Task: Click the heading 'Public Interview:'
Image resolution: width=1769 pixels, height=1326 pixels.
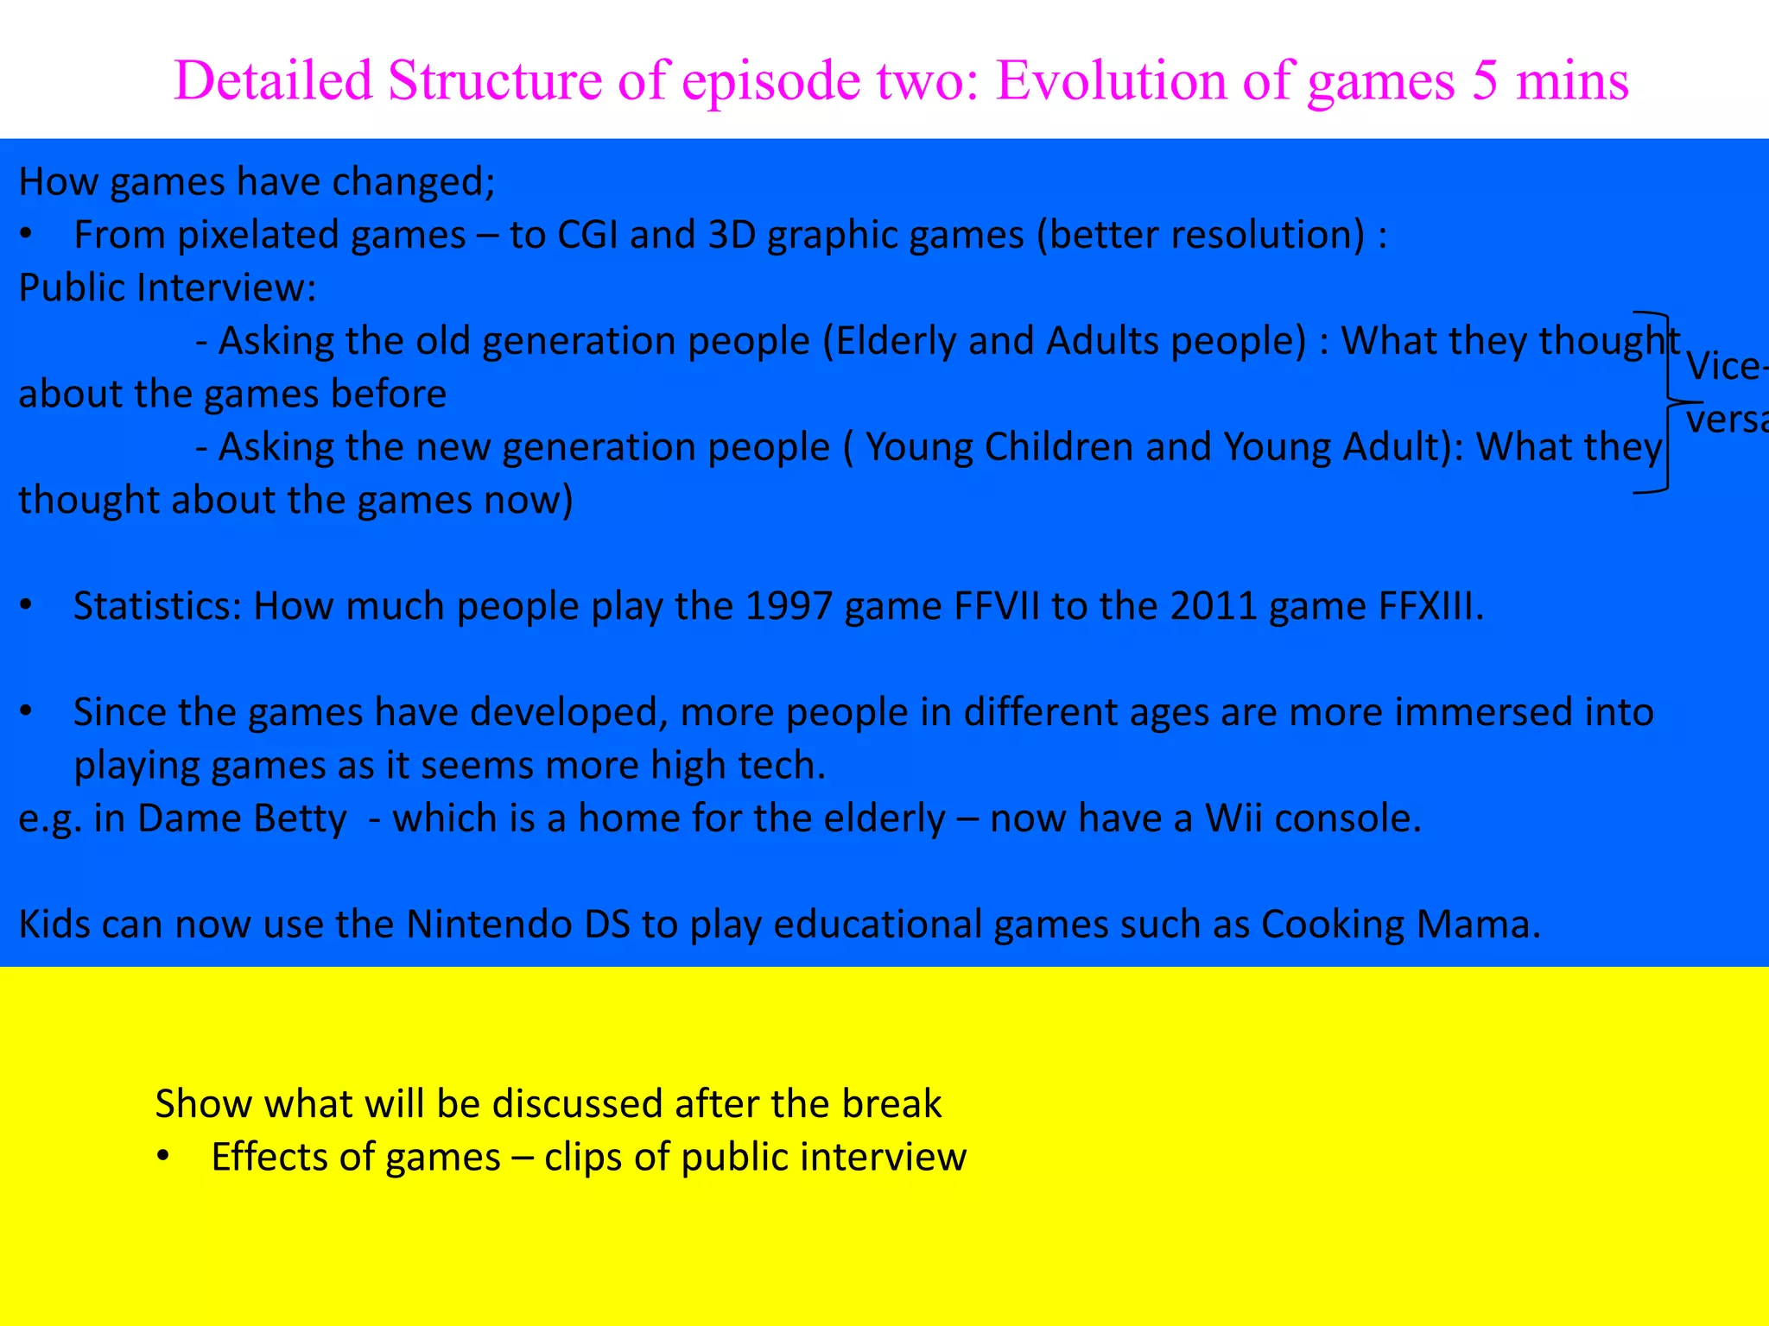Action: (x=168, y=287)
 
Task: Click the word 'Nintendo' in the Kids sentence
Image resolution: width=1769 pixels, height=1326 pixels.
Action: (x=489, y=925)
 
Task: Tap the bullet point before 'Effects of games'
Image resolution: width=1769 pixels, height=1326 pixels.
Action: (x=163, y=1157)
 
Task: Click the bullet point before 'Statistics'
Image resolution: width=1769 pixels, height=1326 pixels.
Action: (x=27, y=606)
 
